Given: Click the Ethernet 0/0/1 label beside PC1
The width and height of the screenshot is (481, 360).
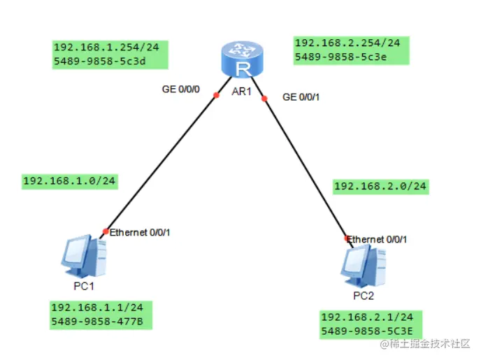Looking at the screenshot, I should click(x=140, y=232).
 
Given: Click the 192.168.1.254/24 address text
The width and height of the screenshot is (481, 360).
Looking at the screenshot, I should click(x=106, y=48).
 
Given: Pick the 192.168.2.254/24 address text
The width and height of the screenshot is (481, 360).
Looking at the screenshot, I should click(x=347, y=43).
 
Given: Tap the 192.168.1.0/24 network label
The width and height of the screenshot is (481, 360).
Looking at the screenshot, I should click(x=69, y=181).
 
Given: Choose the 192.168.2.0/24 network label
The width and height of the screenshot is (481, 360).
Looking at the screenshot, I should click(x=380, y=186).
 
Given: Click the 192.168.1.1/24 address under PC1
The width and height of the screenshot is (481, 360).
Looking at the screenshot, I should click(x=97, y=308).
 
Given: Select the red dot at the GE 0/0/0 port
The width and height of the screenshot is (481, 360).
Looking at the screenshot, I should click(x=217, y=95).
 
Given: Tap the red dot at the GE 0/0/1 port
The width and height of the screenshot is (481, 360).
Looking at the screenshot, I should click(x=264, y=99).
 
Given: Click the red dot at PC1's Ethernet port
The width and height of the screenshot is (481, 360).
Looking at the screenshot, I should click(x=105, y=231).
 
